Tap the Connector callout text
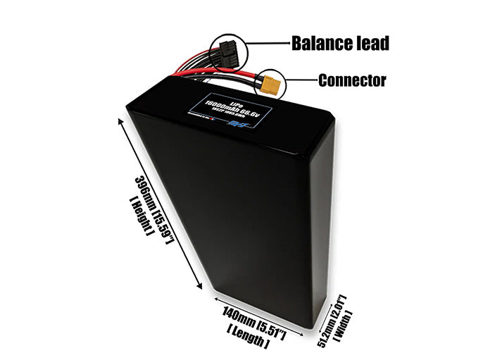coord(351,80)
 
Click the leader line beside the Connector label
coord(300,80)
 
